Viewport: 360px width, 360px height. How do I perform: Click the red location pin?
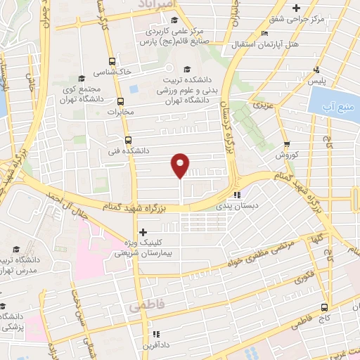tap(181, 165)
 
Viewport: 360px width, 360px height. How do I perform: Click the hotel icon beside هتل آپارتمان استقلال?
tap(264, 33)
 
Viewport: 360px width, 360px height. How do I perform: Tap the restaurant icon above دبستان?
tap(237, 195)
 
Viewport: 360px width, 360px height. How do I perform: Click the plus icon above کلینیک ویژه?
tap(143, 231)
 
